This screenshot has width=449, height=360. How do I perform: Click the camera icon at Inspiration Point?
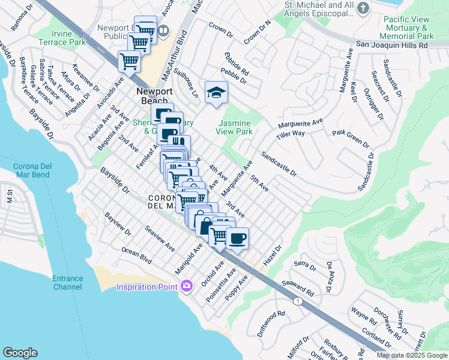tap(187, 286)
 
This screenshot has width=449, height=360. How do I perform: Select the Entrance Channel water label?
tap(67, 283)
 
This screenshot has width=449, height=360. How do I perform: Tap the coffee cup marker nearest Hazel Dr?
tap(238, 239)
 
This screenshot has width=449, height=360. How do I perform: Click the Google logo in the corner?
tap(20, 353)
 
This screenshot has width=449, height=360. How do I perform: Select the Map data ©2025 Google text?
tap(412, 355)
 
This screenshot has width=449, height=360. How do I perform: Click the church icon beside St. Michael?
tap(363, 8)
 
